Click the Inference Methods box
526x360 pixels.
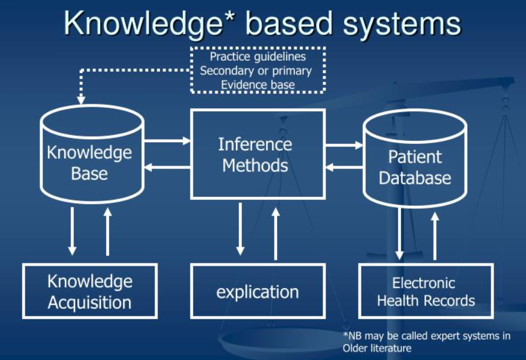pyautogui.click(x=257, y=154)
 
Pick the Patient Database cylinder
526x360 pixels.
pyautogui.click(x=415, y=159)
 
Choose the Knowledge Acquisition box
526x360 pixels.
pyautogui.click(x=90, y=291)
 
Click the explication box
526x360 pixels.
pyautogui.click(x=257, y=291)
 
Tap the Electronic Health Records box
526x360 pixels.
pyautogui.click(x=426, y=291)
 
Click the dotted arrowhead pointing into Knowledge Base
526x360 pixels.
pyautogui.click(x=81, y=100)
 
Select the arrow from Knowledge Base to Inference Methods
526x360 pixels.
pyautogui.click(x=167, y=140)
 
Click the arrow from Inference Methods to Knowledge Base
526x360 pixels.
pyautogui.click(x=167, y=167)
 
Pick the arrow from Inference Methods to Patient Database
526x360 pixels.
pyautogui.click(x=344, y=145)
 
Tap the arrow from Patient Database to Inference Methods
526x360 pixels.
pyautogui.click(x=344, y=167)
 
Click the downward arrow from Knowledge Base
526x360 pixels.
pyautogui.click(x=72, y=231)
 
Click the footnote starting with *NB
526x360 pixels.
pyautogui.click(x=426, y=342)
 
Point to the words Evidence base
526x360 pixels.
pyautogui.click(x=257, y=84)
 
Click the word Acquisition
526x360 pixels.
pyautogui.click(x=90, y=303)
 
